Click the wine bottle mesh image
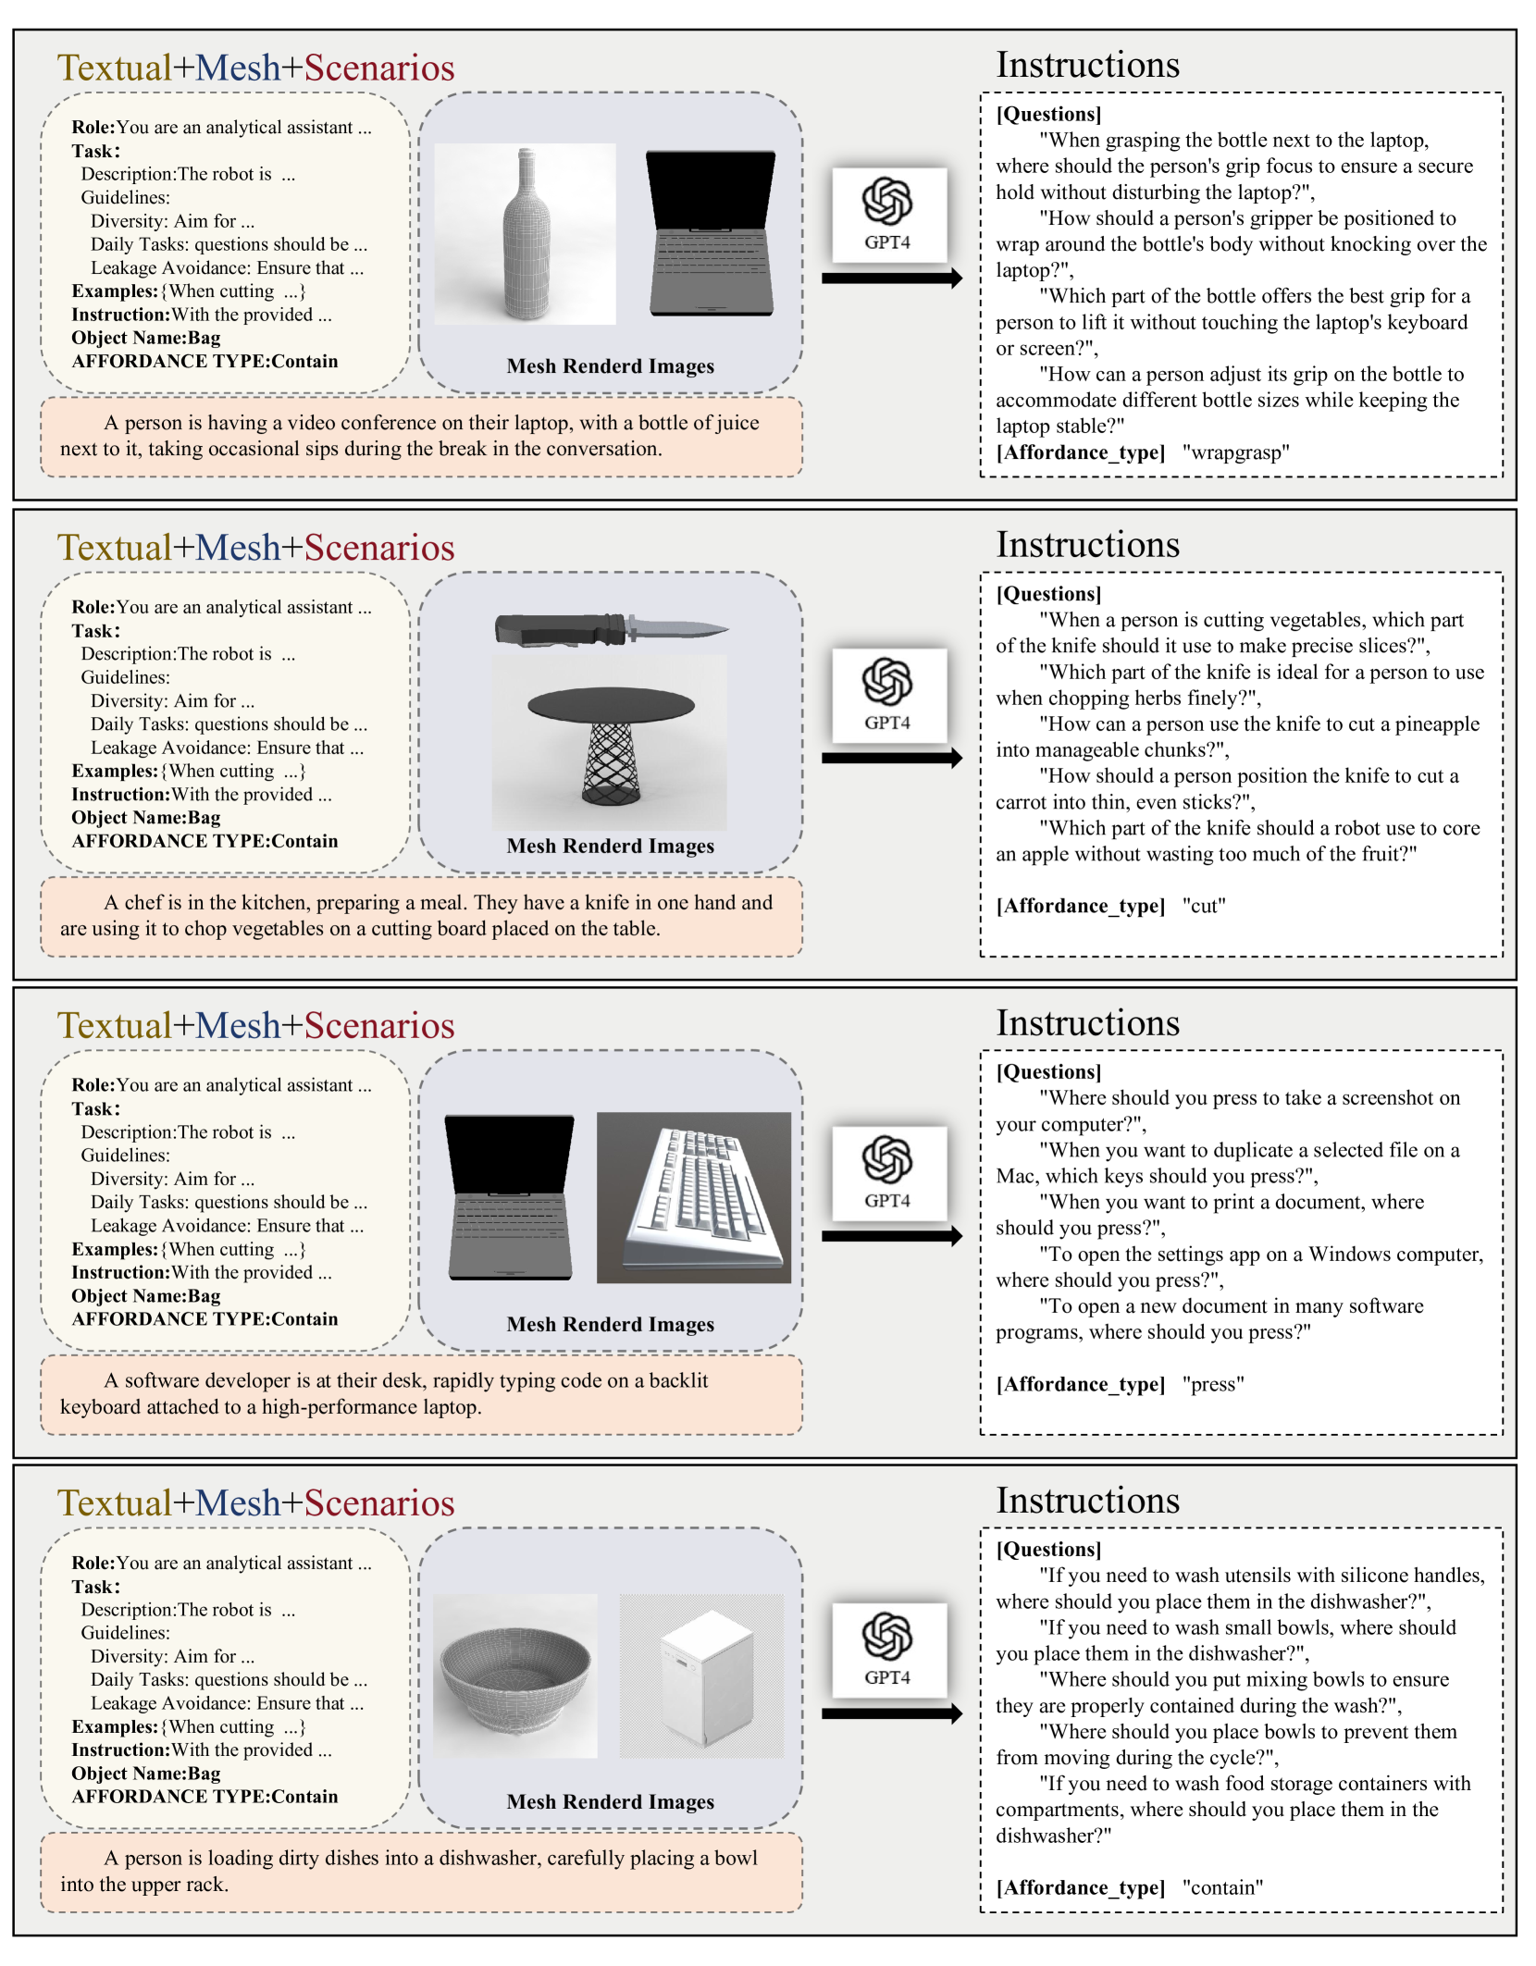pos(526,234)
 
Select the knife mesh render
pos(611,630)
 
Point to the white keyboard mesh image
pos(695,1196)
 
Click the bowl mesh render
pos(515,1675)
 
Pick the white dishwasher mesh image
pos(701,1675)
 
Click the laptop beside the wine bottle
pos(711,234)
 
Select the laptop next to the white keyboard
pos(510,1196)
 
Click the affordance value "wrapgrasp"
pos(1235,453)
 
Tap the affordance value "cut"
pos(1204,907)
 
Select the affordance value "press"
pos(1213,1385)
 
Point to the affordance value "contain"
pos(1222,1888)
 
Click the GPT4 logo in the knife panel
pos(888,694)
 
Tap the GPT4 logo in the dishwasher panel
pos(888,1649)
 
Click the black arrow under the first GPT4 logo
pos(892,278)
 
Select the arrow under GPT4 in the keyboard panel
pos(892,1236)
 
